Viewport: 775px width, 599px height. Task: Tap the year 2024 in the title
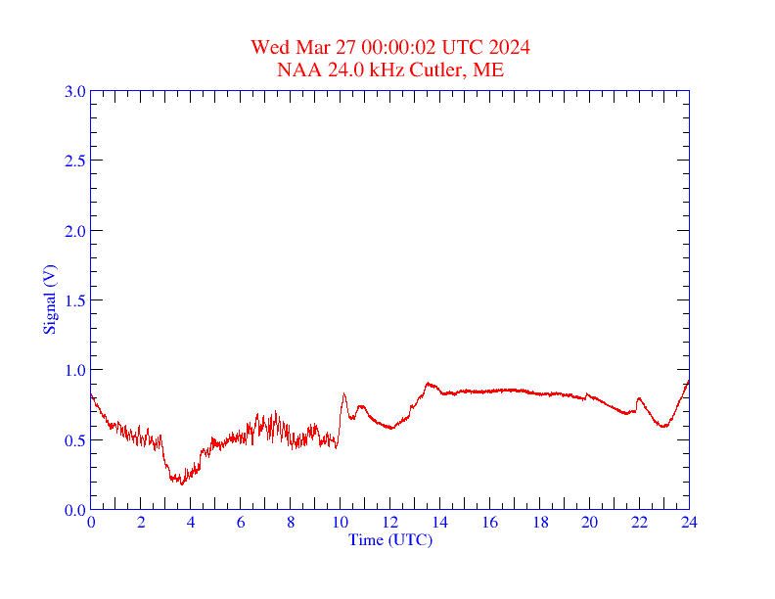(510, 48)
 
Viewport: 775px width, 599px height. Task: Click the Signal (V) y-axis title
(49, 299)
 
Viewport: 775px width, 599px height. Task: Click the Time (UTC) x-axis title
(389, 539)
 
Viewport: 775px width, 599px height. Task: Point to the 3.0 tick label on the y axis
(75, 91)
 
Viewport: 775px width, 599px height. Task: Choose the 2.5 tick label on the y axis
(75, 161)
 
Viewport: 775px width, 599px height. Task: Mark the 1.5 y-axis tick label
(75, 300)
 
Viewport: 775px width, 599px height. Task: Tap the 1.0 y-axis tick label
(75, 370)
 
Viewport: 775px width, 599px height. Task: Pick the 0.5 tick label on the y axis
(75, 440)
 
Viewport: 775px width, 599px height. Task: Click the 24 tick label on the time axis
(689, 523)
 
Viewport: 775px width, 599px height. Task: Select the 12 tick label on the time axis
(389, 523)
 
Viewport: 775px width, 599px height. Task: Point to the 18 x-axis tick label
(539, 523)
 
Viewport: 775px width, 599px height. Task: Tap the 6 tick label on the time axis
(241, 523)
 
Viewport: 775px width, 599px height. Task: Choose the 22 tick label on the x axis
(639, 523)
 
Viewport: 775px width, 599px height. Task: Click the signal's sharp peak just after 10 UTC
(343, 394)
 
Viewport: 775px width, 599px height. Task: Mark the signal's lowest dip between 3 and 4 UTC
(181, 483)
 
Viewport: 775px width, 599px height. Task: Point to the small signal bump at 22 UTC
(639, 398)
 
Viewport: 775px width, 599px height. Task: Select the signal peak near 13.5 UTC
(428, 384)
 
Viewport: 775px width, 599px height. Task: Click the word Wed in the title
(268, 48)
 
